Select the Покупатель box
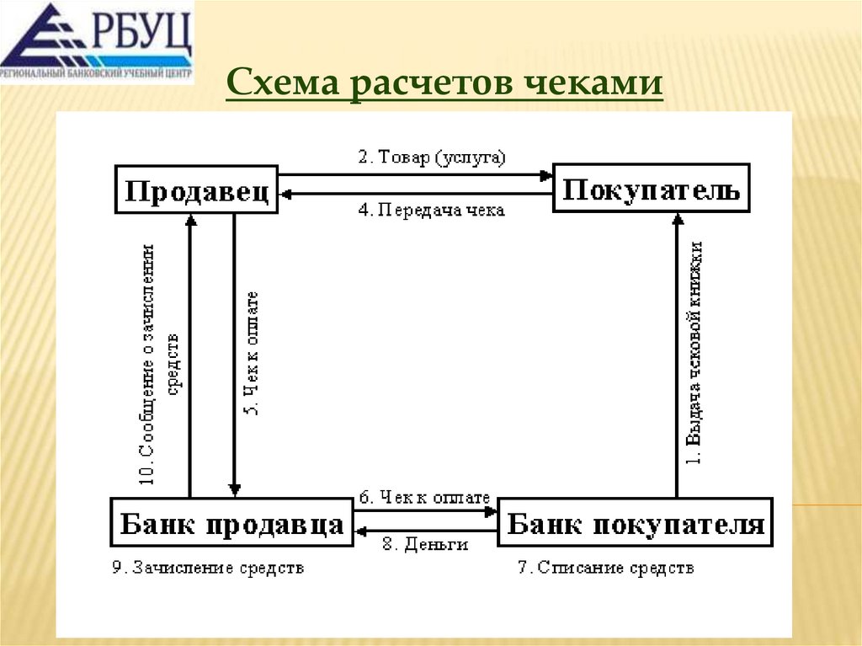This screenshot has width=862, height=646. [x=651, y=189]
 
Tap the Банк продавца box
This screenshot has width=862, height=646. [x=231, y=523]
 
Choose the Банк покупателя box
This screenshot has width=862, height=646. [x=636, y=523]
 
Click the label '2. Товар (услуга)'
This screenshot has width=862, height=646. [x=432, y=157]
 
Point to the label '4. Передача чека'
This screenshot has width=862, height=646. [x=432, y=211]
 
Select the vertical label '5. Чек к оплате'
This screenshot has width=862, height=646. [x=251, y=354]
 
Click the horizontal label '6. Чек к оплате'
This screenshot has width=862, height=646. [x=424, y=498]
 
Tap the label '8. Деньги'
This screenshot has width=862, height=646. [x=425, y=545]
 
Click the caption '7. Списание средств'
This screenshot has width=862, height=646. [x=605, y=569]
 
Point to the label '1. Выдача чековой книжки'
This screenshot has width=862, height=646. [x=695, y=354]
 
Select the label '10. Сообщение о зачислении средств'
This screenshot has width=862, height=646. [x=159, y=362]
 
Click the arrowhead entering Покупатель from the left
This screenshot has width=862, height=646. [x=547, y=175]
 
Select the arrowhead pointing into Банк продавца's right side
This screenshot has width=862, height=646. [x=359, y=531]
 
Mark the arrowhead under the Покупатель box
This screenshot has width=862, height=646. [x=677, y=218]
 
